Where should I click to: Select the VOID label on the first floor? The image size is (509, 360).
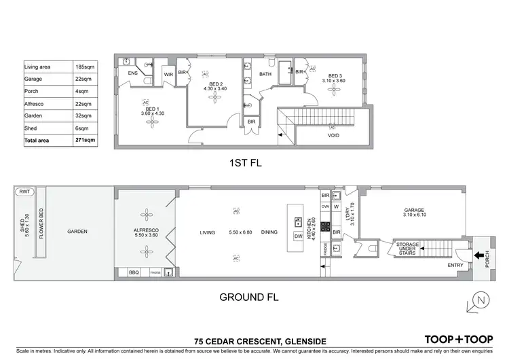click(333, 135)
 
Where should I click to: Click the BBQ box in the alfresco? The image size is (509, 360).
click(134, 272)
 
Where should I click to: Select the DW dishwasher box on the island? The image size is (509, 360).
click(297, 236)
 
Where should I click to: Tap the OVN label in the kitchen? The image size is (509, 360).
click(325, 206)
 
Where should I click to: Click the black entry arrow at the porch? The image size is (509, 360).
click(480, 256)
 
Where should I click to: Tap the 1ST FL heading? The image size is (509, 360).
click(244, 164)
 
